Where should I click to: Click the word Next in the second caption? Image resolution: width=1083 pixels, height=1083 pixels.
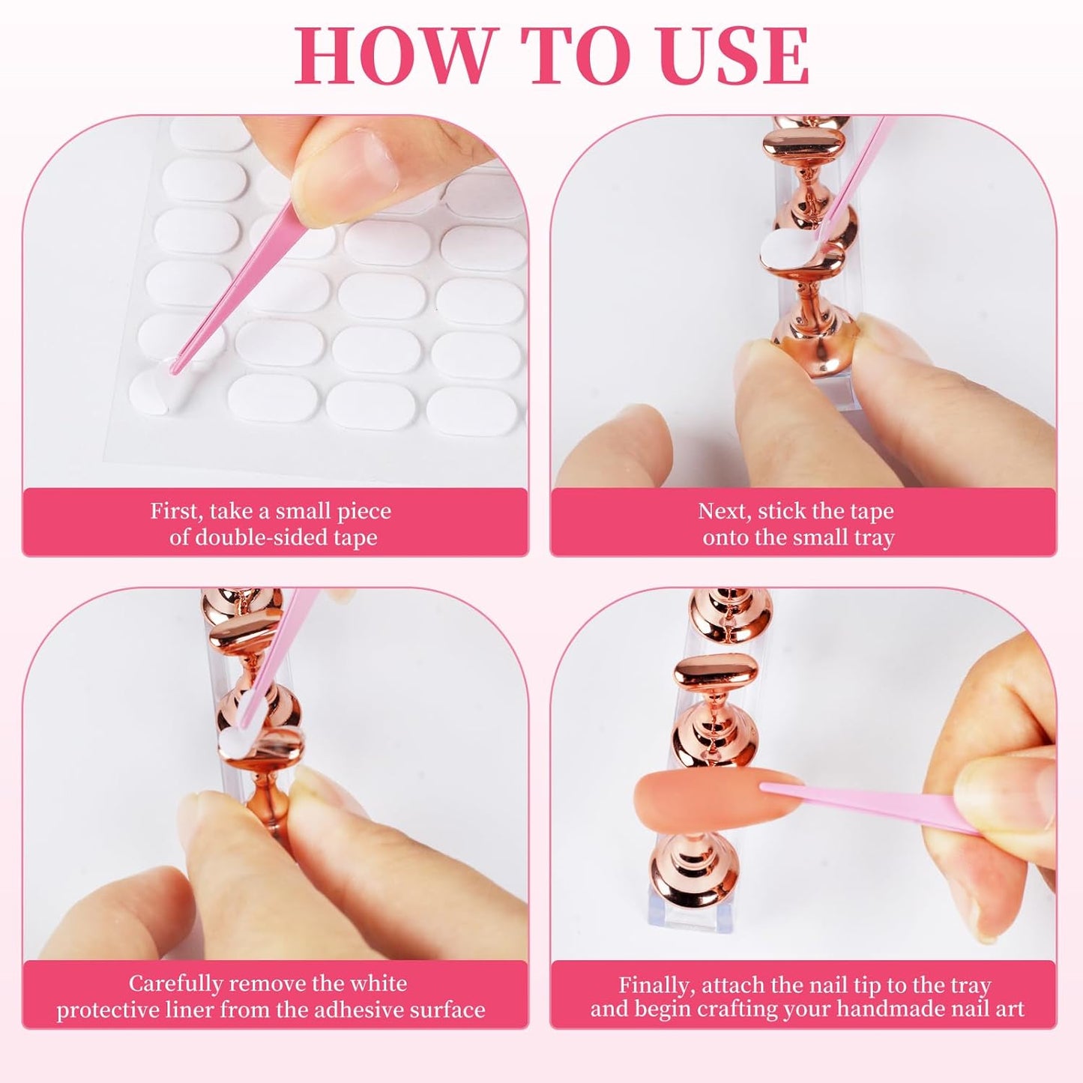click(x=725, y=511)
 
